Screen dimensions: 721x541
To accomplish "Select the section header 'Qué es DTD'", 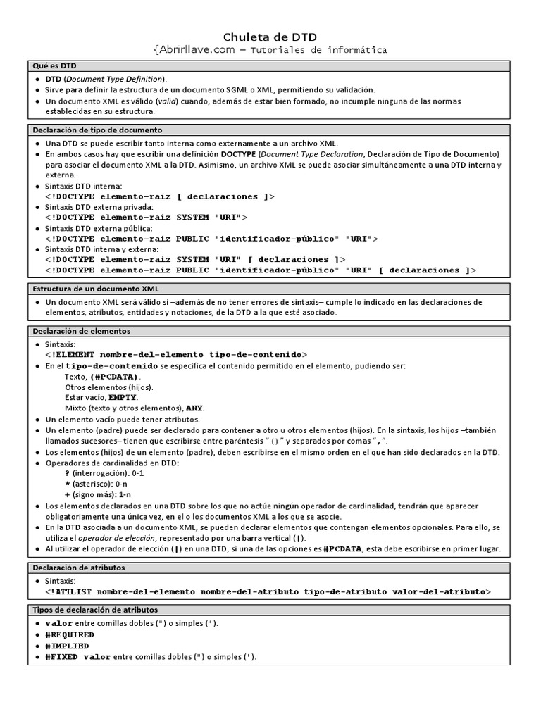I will tap(56, 65).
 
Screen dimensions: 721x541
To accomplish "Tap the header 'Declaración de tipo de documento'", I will tap(98, 130).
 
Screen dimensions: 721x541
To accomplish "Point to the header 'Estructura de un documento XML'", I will tap(97, 289).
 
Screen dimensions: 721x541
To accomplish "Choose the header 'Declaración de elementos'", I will tap(82, 331).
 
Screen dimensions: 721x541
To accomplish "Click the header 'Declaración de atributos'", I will tap(80, 568).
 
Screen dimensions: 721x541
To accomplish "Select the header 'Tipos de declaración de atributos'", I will tap(96, 610).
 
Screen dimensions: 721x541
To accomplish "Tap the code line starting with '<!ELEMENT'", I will tap(176, 355).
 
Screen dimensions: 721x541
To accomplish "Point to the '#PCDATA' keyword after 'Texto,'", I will tap(114, 377).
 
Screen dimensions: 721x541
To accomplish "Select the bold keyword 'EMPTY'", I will tap(123, 398).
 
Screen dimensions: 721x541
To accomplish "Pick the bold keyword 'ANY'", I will tap(194, 408).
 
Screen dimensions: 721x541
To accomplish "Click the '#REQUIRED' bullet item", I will tap(70, 635).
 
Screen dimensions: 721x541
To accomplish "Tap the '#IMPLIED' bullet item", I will tap(67, 646).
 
